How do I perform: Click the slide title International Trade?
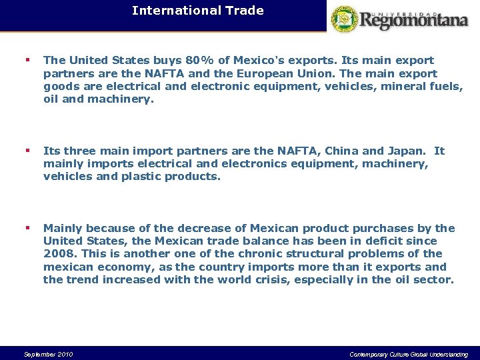point(198,11)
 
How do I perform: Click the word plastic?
point(137,177)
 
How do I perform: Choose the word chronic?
point(237,254)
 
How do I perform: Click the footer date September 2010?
point(48,354)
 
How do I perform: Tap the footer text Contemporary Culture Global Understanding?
point(409,354)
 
